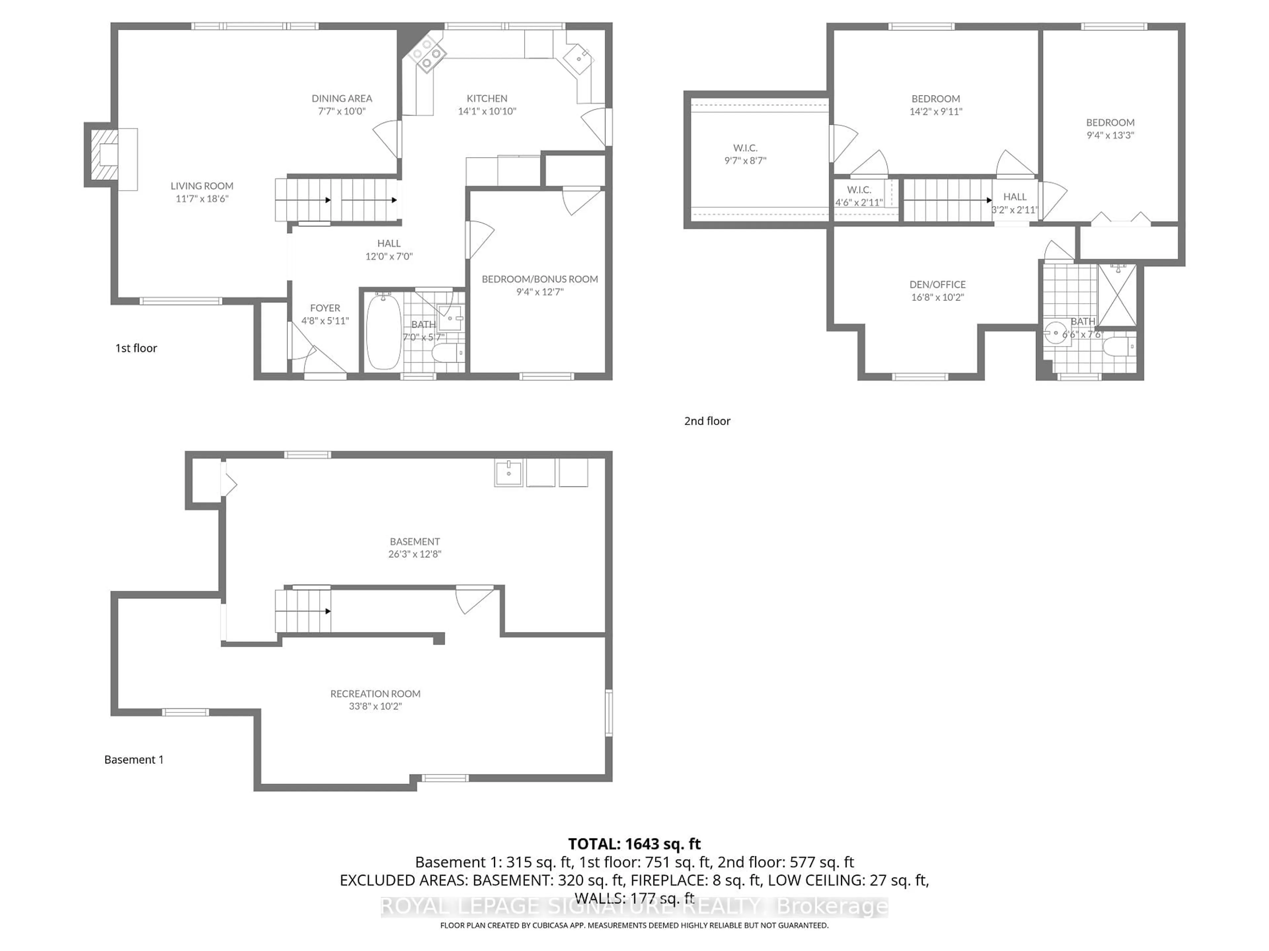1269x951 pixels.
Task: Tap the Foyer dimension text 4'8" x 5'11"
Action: pos(325,320)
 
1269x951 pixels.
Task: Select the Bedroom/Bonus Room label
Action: pos(539,279)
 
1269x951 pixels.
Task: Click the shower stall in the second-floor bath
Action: pos(1116,295)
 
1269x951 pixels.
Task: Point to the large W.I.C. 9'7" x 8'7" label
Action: pos(745,154)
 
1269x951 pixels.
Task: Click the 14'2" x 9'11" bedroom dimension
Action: pos(936,112)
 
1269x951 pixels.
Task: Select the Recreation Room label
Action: pos(375,694)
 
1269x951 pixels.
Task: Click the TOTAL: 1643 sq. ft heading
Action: pos(634,844)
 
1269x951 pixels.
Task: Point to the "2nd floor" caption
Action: pos(707,421)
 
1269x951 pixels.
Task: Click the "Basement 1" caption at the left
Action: pos(134,759)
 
